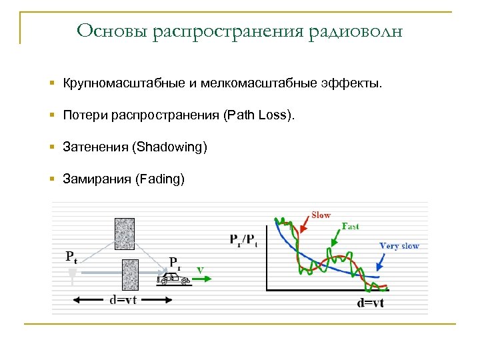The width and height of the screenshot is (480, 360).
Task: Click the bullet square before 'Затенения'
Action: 53,147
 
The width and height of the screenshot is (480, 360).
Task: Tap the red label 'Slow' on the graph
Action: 321,215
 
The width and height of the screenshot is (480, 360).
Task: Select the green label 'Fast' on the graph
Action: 350,227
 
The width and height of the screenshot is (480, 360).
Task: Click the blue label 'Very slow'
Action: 399,246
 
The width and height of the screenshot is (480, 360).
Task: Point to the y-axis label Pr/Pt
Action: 243,239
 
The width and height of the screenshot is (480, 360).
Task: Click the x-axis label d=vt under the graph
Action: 371,303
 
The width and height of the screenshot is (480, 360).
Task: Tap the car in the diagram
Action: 173,279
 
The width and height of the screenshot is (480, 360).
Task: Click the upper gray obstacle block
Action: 125,233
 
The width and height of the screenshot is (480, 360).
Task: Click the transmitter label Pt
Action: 71,257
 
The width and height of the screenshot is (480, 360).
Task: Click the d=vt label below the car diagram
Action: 123,300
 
